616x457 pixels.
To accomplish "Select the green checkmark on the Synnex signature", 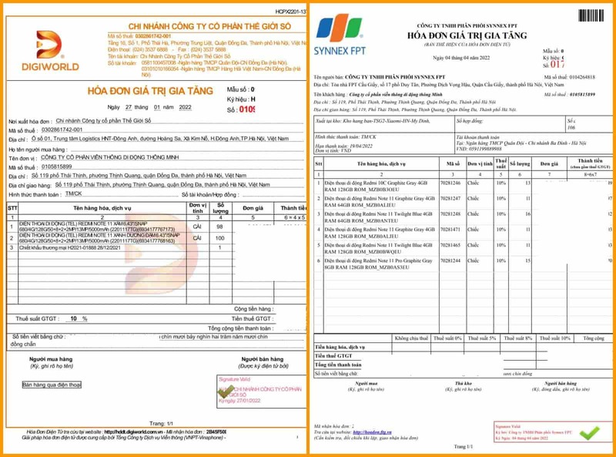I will (x=588, y=432).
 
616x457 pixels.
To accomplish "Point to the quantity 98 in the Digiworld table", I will (x=221, y=227).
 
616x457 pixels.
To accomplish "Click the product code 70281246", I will (x=450, y=183).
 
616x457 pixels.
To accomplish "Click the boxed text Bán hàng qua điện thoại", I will (x=52, y=385).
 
